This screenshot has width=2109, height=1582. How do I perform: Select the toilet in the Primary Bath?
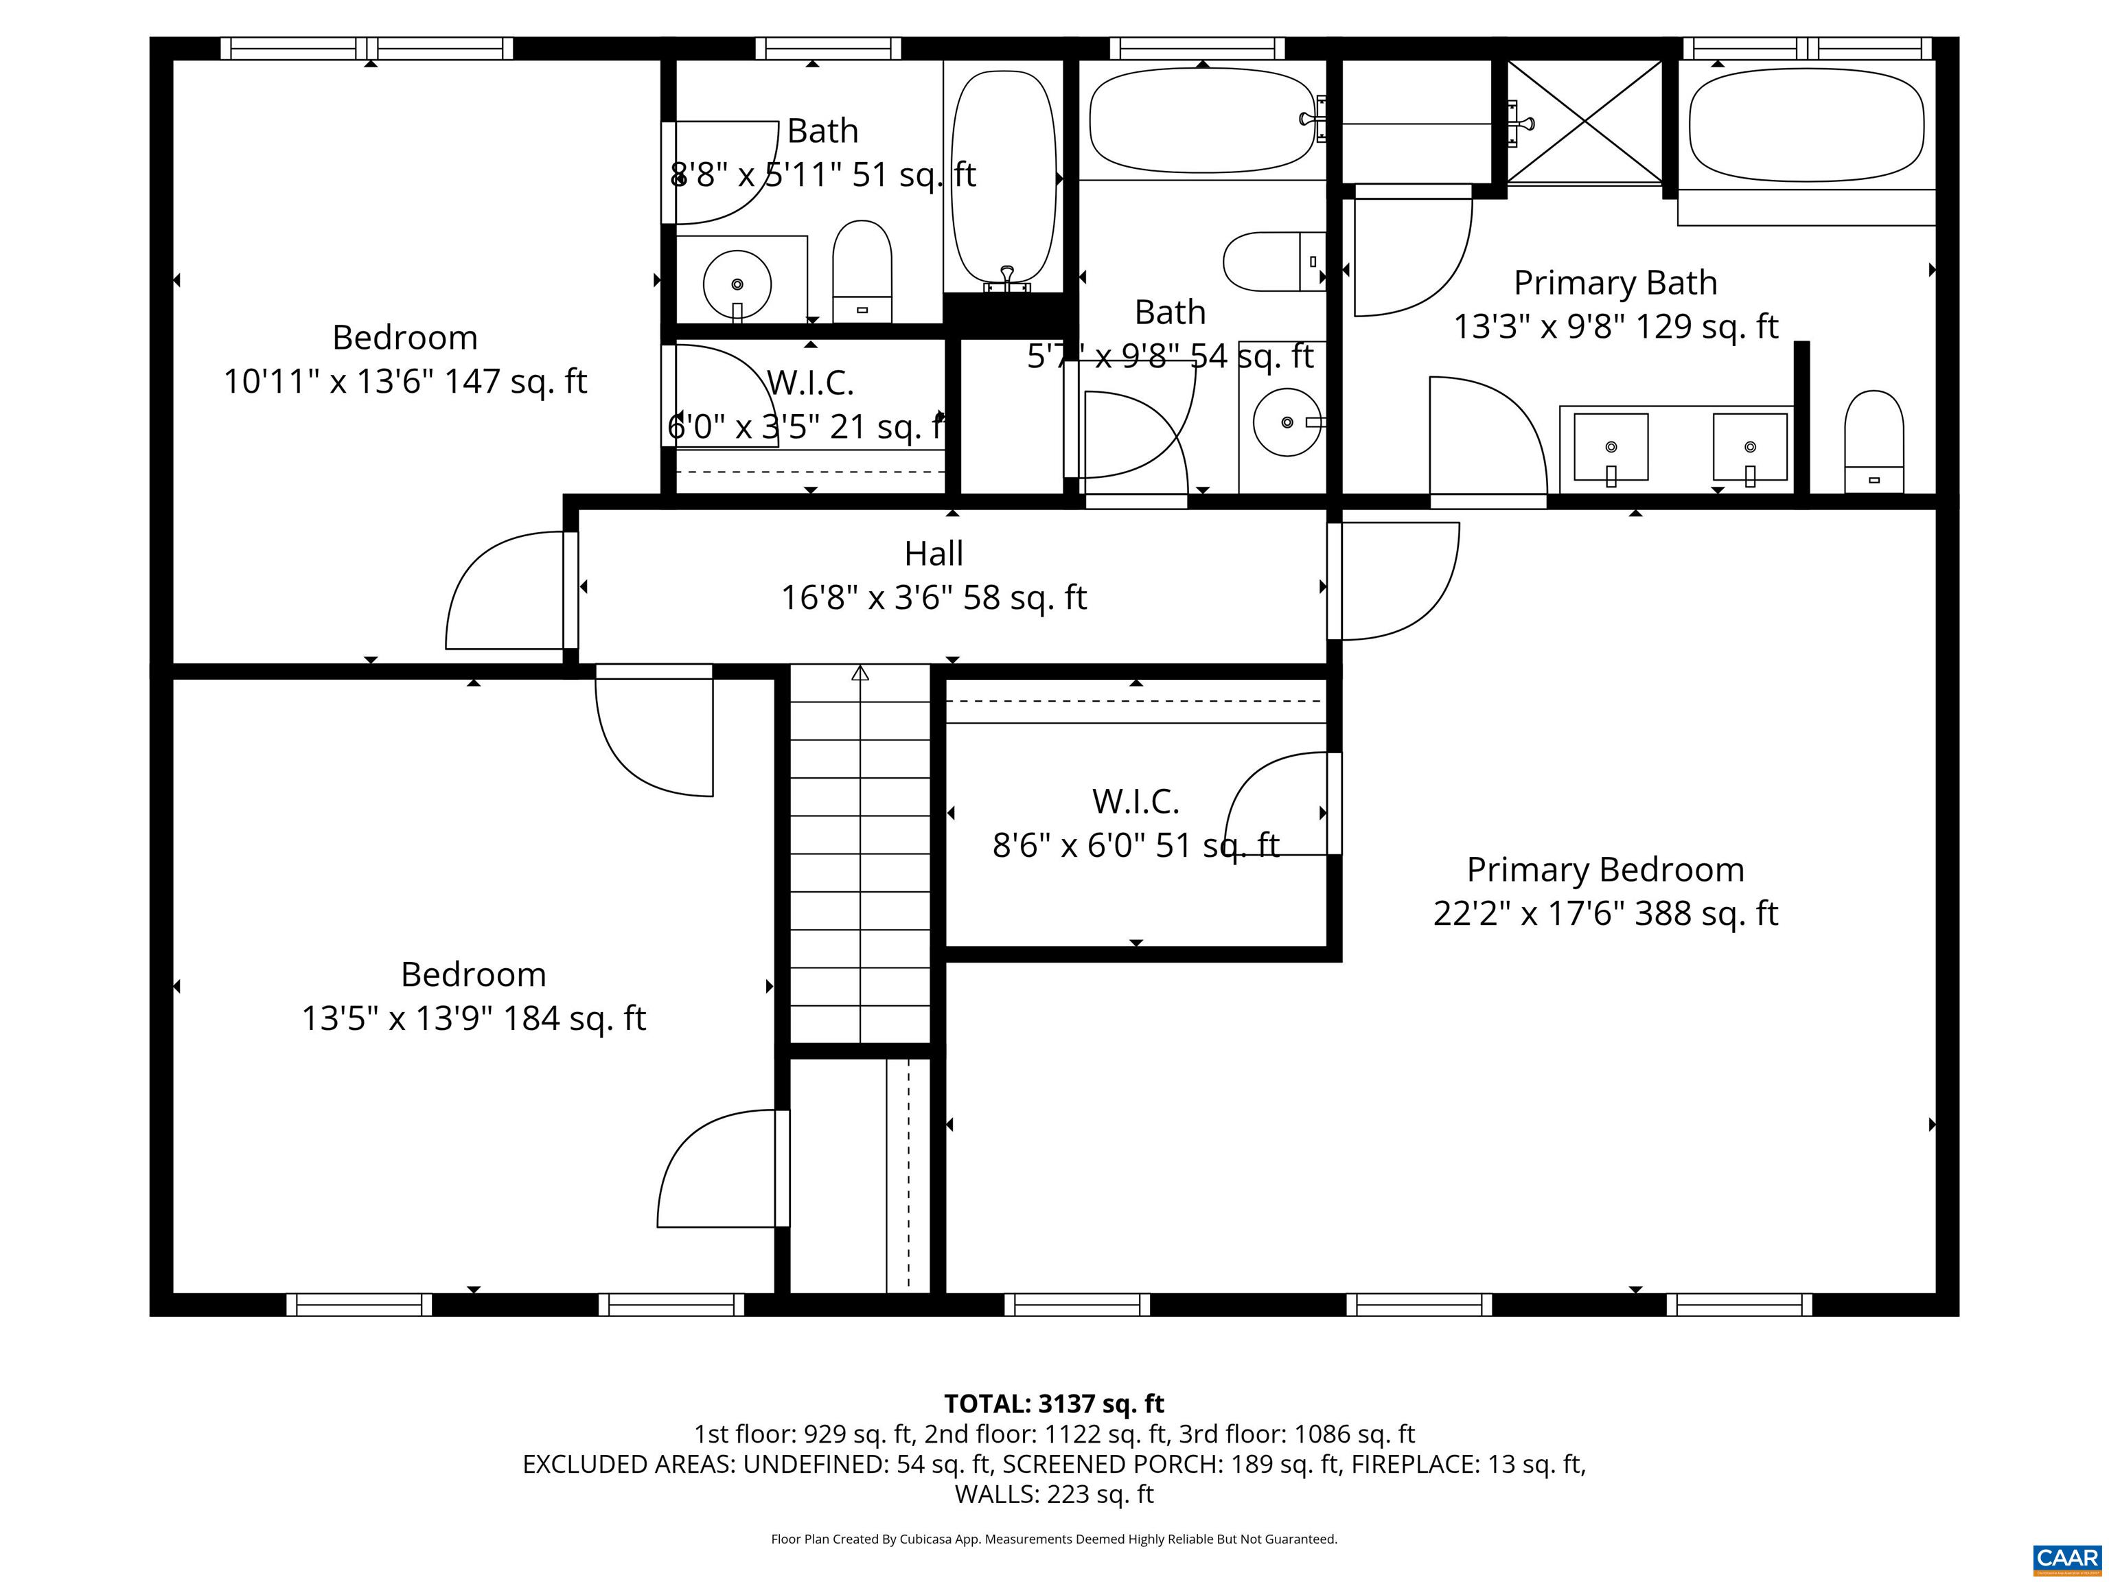tap(1874, 442)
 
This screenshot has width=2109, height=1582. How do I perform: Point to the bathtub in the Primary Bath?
tap(1806, 124)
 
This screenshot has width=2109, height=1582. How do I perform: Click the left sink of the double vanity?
tap(1611, 446)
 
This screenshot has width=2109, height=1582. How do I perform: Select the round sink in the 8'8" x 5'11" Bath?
tap(737, 284)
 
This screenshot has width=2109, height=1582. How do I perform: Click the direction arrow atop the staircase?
tap(860, 673)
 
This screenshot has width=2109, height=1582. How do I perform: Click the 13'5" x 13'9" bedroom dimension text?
tap(474, 1018)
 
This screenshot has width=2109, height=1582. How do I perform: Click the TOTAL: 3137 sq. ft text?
tap(1054, 1403)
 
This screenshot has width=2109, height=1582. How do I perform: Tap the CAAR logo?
tap(2066, 1558)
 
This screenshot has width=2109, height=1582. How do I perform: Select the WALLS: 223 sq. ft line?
tap(1054, 1494)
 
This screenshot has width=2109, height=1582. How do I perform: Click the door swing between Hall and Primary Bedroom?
tap(1397, 582)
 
